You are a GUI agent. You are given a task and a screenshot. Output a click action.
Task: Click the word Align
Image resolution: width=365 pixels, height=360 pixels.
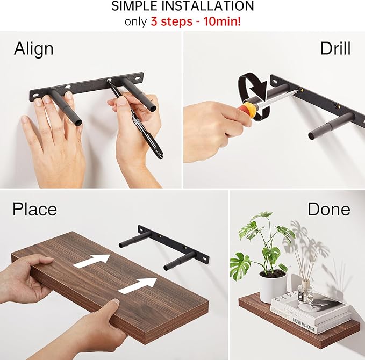point(33,49)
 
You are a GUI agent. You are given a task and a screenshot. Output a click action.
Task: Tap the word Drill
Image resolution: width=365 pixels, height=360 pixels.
point(335,49)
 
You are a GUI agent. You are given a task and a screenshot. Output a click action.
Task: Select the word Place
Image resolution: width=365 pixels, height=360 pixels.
point(34,208)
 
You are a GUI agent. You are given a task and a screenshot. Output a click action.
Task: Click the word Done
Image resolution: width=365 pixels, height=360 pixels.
point(328,208)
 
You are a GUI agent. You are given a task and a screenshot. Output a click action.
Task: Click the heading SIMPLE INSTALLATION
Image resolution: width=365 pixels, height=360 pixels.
point(182,7)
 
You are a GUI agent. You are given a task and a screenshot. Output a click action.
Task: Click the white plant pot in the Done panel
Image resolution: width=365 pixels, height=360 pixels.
point(273,287)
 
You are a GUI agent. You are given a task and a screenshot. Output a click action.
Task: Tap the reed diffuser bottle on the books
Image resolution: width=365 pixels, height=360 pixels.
point(305,291)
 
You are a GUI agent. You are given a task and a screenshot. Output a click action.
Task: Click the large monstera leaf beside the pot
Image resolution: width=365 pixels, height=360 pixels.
point(241,264)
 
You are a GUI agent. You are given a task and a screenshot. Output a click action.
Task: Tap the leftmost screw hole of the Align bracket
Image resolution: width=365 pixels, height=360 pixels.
point(35,96)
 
